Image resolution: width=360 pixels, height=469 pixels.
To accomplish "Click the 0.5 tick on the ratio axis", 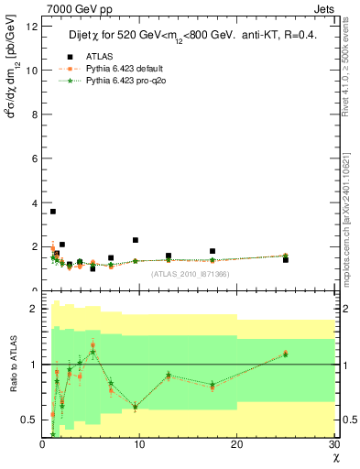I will (x=29, y=420).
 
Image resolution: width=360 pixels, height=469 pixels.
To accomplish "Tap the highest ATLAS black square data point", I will (x=53, y=212).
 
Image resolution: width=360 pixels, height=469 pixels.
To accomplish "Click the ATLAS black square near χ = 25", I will (x=285, y=260).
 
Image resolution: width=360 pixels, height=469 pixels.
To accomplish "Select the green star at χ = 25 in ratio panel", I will (x=285, y=354).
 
